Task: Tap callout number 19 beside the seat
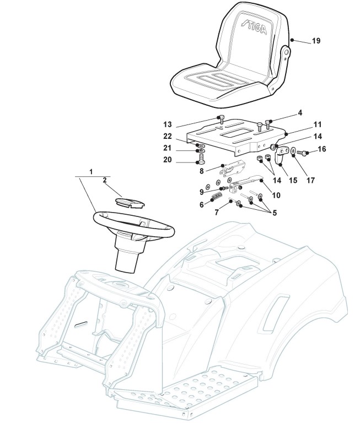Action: pos(316,41)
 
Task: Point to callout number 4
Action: pos(300,113)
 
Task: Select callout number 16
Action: pos(323,149)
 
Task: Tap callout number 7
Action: pos(217,211)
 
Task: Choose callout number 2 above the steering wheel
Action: pos(104,180)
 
